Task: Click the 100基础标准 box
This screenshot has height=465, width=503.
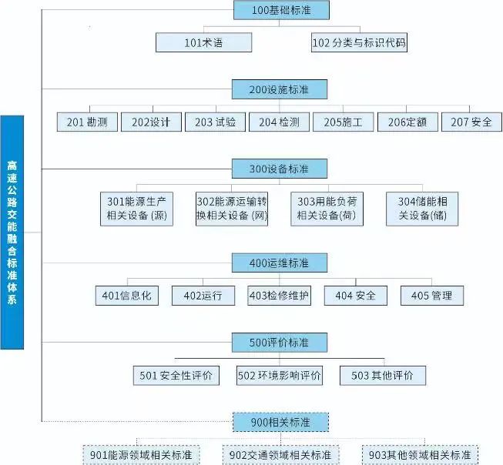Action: (x=280, y=10)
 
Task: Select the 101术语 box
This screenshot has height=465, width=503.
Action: (x=203, y=42)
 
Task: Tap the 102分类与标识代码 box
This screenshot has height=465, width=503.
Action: (x=359, y=42)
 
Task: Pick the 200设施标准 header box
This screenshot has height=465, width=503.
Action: (x=280, y=89)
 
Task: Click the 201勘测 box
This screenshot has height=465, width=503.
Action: (x=87, y=122)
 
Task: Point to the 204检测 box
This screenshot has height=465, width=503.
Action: (x=279, y=122)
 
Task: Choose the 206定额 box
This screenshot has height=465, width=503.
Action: (x=407, y=122)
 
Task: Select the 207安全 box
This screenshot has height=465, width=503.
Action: (x=471, y=122)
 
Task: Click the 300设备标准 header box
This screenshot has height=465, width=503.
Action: (x=280, y=169)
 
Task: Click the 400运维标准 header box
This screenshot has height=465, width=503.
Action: (x=280, y=263)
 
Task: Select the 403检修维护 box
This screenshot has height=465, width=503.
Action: (x=280, y=296)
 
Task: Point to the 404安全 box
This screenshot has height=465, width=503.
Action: (x=355, y=296)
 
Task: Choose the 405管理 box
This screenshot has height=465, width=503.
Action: (x=432, y=296)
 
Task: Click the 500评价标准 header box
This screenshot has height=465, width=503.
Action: (x=280, y=342)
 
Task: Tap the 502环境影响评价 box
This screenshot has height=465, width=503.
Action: (x=280, y=375)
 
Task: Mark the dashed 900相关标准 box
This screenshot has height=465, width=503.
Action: (x=280, y=423)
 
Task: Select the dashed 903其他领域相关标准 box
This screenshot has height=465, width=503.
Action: (x=421, y=455)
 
